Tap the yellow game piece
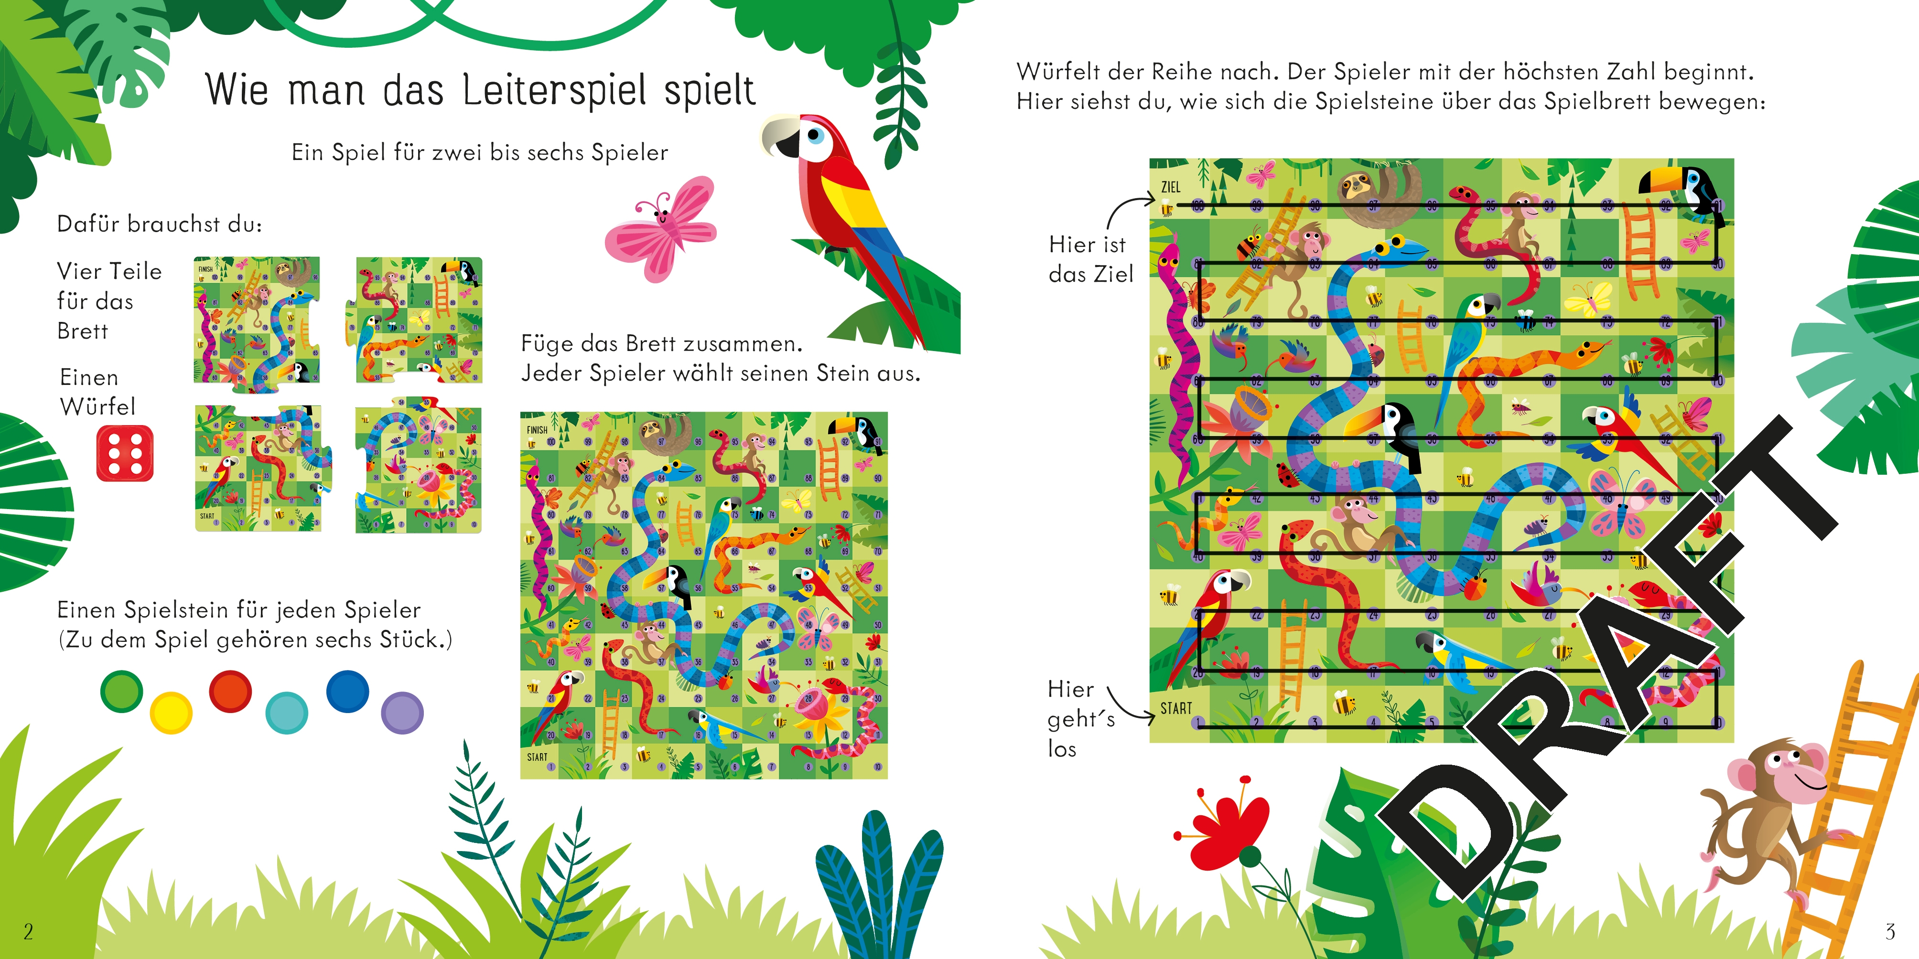pyautogui.click(x=172, y=713)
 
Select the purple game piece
pyautogui.click(x=402, y=713)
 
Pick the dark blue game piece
pyautogui.click(x=347, y=691)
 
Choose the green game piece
pyautogui.click(x=121, y=691)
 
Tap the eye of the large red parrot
pyautogui.click(x=816, y=136)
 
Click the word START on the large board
pyautogui.click(x=1176, y=708)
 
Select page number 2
pyautogui.click(x=28, y=931)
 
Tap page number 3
pyautogui.click(x=1890, y=931)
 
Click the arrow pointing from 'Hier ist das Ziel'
pyautogui.click(x=1129, y=209)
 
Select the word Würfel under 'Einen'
pyautogui.click(x=97, y=406)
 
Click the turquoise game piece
pyautogui.click(x=287, y=713)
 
